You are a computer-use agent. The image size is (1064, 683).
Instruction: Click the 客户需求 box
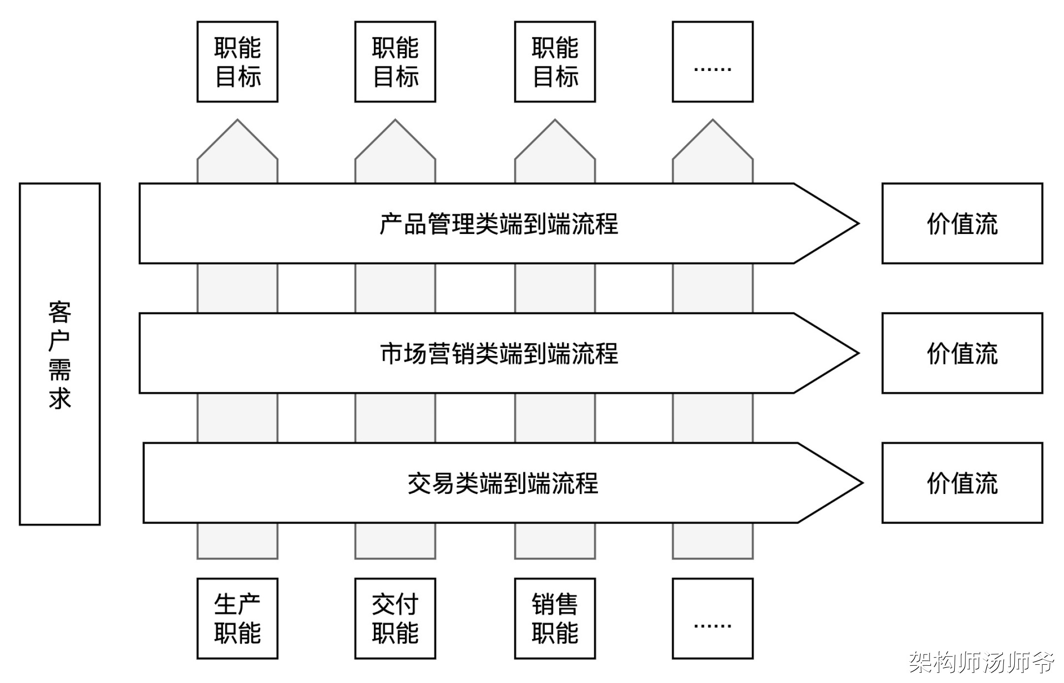tap(60, 354)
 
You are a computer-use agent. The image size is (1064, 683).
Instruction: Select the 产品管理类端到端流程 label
tap(499, 224)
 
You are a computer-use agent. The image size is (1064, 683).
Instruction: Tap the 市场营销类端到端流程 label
tap(499, 354)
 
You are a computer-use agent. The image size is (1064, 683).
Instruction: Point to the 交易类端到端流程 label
tap(502, 483)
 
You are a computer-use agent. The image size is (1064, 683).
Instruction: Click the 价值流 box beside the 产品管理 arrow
tap(962, 224)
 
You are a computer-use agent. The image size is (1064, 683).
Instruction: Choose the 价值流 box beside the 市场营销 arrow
tap(962, 353)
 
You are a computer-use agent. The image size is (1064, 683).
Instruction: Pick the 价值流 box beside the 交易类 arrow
tap(962, 483)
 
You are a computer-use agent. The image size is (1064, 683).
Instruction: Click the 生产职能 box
tap(237, 618)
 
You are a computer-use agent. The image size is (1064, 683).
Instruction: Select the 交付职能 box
tap(395, 618)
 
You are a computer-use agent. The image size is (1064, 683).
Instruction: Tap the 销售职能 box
tap(555, 618)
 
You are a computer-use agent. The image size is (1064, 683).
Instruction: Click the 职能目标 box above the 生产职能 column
tap(237, 62)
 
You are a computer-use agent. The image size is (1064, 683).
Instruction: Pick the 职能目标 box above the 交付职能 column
tap(395, 62)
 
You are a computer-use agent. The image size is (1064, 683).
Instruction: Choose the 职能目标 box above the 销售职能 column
tap(555, 62)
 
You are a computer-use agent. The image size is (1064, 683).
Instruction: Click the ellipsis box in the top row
tap(713, 62)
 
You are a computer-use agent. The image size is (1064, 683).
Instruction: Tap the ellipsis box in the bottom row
tap(713, 618)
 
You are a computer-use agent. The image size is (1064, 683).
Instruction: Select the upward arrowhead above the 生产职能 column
tap(237, 143)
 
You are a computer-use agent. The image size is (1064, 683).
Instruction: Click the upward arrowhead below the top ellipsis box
tap(713, 143)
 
